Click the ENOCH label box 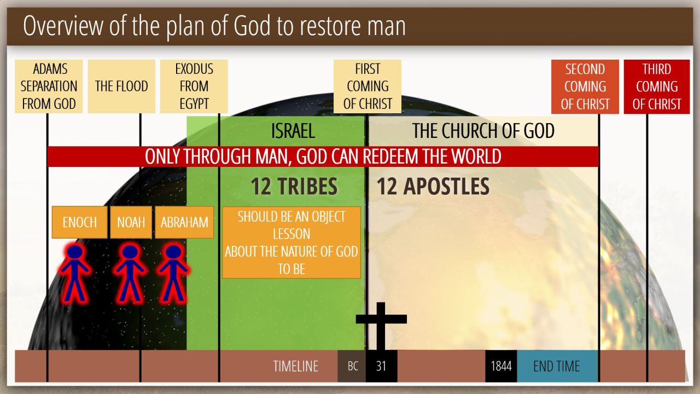pyautogui.click(x=80, y=222)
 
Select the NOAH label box pyautogui.click(x=131, y=222)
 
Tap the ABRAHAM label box pyautogui.click(x=184, y=222)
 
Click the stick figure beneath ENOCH pyautogui.click(x=75, y=274)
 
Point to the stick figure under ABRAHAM pyautogui.click(x=173, y=274)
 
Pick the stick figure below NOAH pyautogui.click(x=130, y=274)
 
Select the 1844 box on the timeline pyautogui.click(x=501, y=366)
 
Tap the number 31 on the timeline pyautogui.click(x=381, y=366)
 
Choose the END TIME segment pyautogui.click(x=557, y=366)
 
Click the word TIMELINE pyautogui.click(x=296, y=366)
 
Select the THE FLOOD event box pyautogui.click(x=121, y=86)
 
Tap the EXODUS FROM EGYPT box pyautogui.click(x=194, y=86)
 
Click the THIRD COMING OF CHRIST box pyautogui.click(x=657, y=86)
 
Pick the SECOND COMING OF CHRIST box pyautogui.click(x=585, y=86)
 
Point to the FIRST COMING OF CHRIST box pyautogui.click(x=367, y=86)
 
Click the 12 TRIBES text pyautogui.click(x=294, y=187)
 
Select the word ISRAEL pyautogui.click(x=293, y=131)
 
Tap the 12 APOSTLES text pyautogui.click(x=433, y=187)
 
